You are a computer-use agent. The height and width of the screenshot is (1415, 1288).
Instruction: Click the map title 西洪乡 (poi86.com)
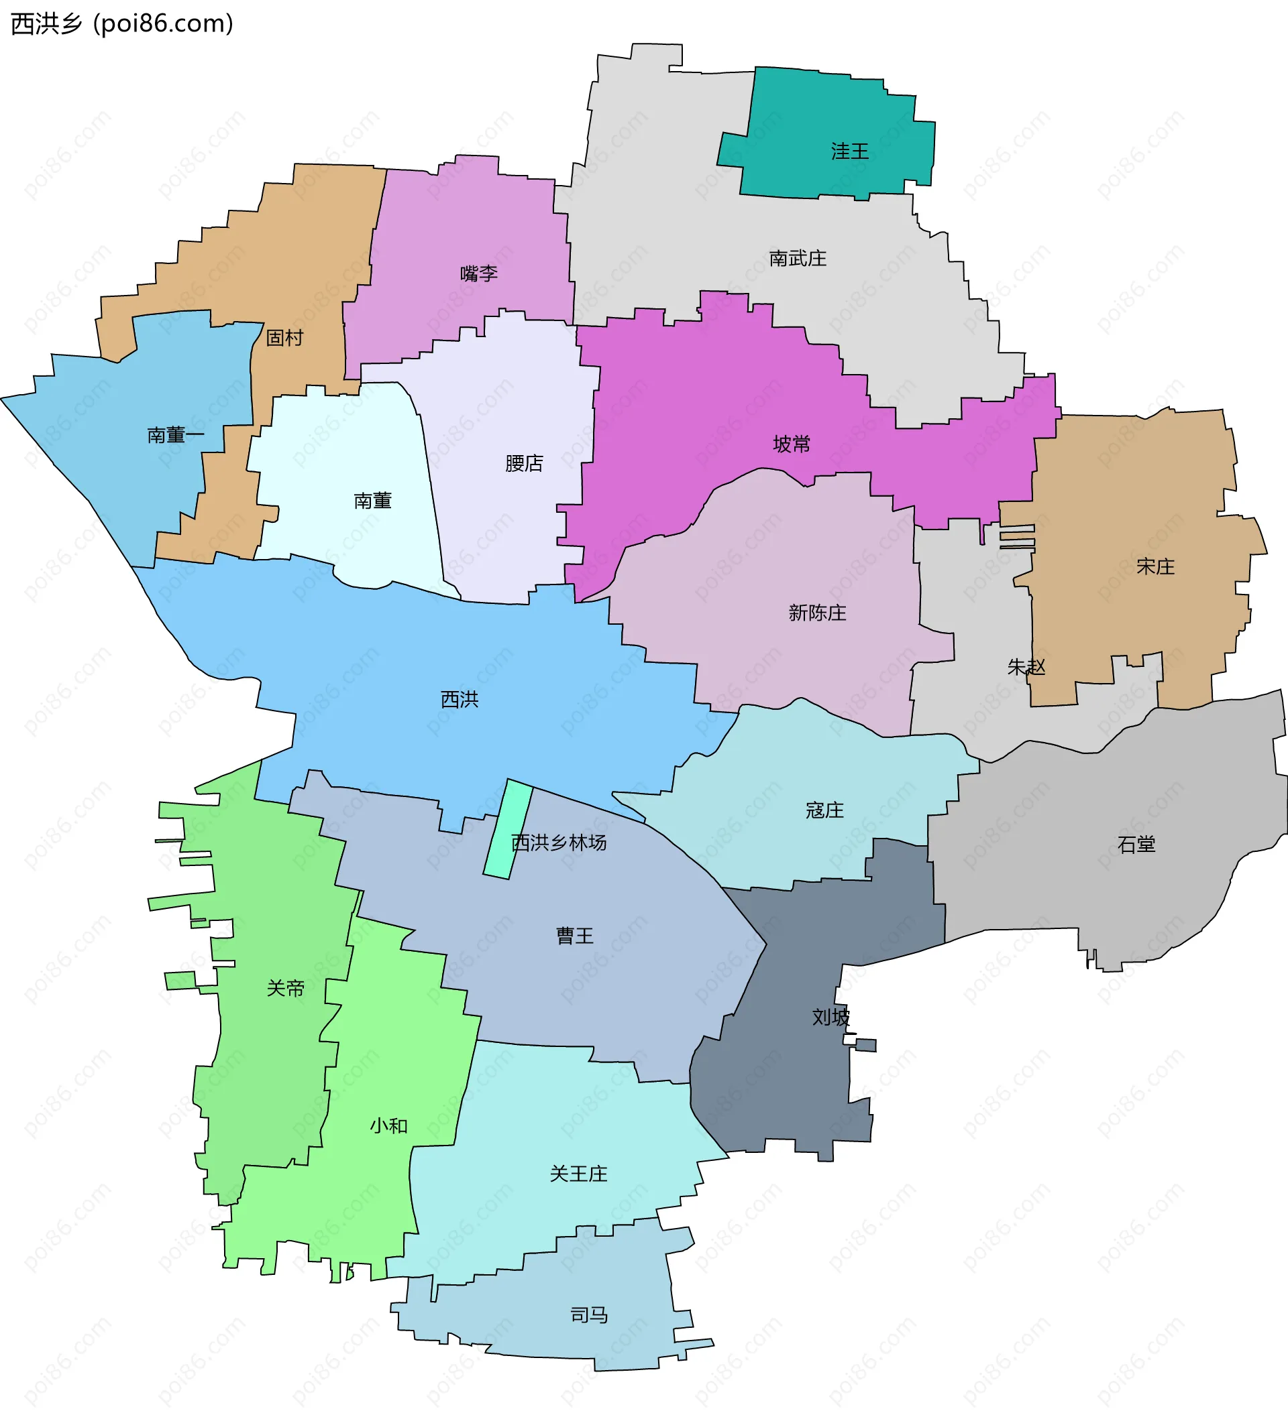121,24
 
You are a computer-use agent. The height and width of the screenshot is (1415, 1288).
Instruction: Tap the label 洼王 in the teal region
850,151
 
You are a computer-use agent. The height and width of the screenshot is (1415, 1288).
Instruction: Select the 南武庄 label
798,258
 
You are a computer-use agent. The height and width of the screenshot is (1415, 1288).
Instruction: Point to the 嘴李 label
479,273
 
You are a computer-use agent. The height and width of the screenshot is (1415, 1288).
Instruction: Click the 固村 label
284,338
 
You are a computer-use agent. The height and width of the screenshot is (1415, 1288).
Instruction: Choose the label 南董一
176,435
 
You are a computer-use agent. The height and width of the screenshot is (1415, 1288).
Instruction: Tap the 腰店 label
524,463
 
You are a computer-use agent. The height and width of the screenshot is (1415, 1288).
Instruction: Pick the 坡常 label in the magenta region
792,444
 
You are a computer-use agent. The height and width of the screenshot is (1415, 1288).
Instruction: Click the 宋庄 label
1155,566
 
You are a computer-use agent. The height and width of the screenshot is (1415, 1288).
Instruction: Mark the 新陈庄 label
818,613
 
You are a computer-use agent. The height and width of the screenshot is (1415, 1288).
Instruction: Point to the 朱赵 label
1026,666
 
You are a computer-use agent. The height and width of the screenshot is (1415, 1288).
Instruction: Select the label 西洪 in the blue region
460,699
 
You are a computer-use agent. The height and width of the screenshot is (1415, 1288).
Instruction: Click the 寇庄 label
824,810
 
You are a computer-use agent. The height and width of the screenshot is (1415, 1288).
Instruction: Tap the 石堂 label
1136,845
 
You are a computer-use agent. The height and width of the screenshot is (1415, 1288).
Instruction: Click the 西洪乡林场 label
559,843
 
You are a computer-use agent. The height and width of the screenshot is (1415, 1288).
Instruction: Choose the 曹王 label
574,936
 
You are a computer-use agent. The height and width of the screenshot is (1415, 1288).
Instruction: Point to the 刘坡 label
830,1017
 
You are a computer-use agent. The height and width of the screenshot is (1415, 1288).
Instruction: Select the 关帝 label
285,988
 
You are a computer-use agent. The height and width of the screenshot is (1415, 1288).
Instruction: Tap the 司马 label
588,1314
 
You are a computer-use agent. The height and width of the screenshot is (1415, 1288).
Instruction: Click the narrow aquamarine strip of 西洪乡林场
507,828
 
